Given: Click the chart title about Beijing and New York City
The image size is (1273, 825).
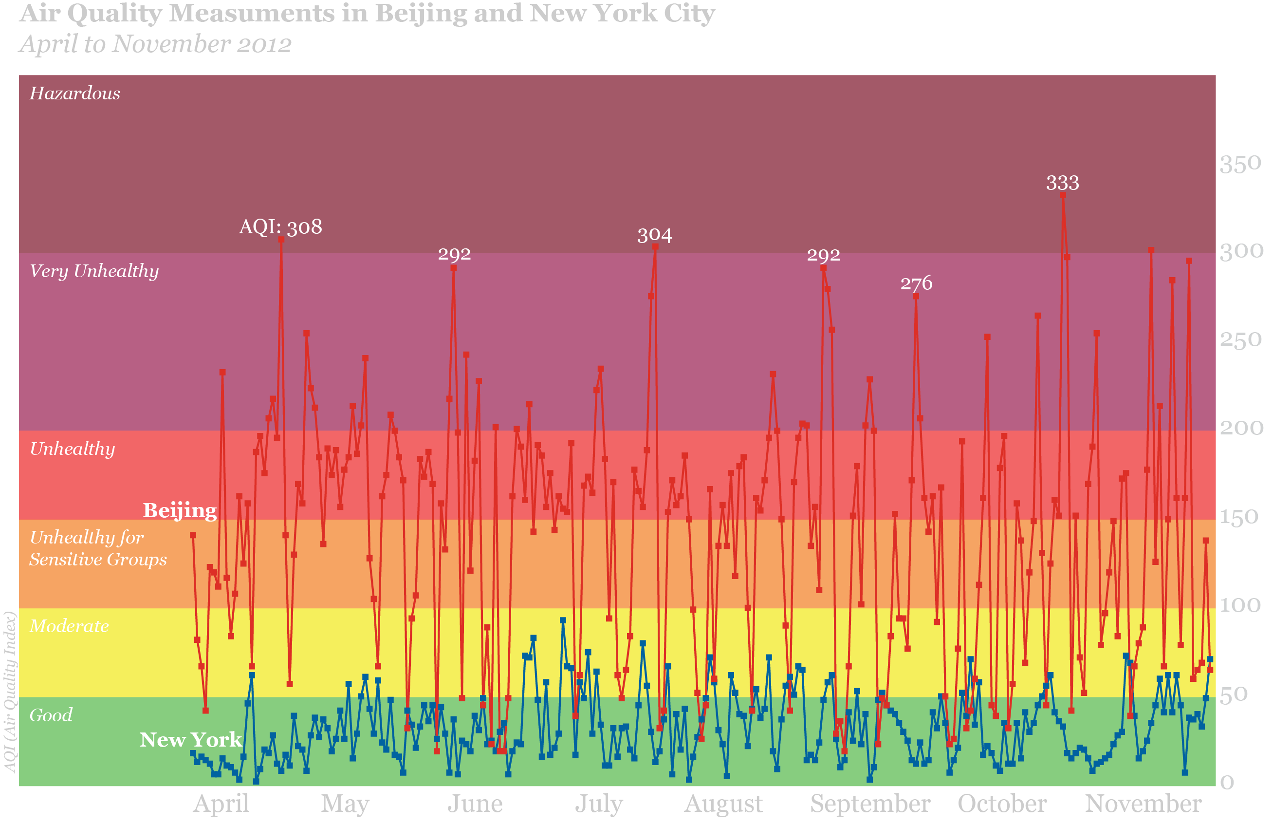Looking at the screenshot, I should point(367,14).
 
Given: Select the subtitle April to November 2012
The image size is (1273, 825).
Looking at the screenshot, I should point(155,44).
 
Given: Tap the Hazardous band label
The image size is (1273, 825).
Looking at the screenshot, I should point(75,94).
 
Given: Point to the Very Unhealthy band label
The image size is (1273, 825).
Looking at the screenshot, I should point(94,271).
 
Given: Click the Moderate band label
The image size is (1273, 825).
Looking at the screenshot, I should point(69,626).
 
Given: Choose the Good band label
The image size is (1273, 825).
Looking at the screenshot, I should point(51,715).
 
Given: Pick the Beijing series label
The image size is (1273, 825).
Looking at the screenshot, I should point(180,510).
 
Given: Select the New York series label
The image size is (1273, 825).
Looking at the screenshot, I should point(190,740).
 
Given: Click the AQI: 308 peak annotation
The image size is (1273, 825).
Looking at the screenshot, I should point(280,227).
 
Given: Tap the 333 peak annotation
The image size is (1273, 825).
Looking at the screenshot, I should point(1062,184).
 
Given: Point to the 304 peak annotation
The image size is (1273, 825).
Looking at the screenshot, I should point(654,235).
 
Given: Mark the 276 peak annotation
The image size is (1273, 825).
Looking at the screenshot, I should point(916,283).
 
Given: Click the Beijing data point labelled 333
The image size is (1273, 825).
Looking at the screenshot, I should point(1063,196).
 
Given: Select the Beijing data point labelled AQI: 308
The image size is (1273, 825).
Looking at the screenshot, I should point(281,240).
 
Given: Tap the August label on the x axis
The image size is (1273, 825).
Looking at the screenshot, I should point(723,804).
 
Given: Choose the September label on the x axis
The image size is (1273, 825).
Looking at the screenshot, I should point(870,804).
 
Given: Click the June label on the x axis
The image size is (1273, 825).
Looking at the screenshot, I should point(475,804).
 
